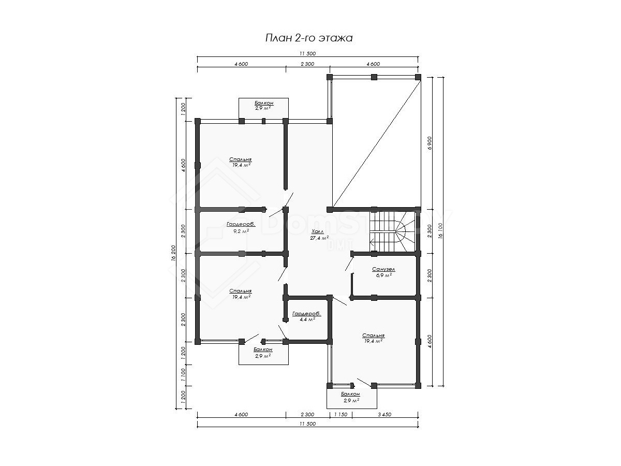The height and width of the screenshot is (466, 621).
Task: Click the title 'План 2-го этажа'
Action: click(308, 38)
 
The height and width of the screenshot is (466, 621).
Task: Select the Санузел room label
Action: click(383, 269)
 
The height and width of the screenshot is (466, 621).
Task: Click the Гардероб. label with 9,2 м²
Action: click(241, 224)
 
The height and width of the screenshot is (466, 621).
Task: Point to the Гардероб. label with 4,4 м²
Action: click(307, 313)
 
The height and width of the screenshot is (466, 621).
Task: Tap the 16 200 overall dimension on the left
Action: click(173, 252)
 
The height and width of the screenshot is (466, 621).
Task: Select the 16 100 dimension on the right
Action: click(440, 231)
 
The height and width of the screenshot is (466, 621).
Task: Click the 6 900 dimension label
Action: click(430, 143)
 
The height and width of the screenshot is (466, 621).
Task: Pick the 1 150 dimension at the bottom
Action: click(341, 415)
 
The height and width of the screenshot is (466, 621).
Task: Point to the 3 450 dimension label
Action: click(385, 415)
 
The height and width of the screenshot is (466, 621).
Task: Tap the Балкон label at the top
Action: click(264, 103)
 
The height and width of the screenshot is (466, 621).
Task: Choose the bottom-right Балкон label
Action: click(350, 394)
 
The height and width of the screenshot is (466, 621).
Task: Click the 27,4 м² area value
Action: click(319, 238)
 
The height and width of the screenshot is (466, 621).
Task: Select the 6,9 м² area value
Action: click(383, 275)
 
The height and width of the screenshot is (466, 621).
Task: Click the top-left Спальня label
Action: click(241, 159)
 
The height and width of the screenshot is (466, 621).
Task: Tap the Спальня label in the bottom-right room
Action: click(374, 336)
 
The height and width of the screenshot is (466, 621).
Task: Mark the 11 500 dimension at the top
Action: click(307, 53)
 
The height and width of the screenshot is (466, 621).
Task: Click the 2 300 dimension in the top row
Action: click(307, 64)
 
